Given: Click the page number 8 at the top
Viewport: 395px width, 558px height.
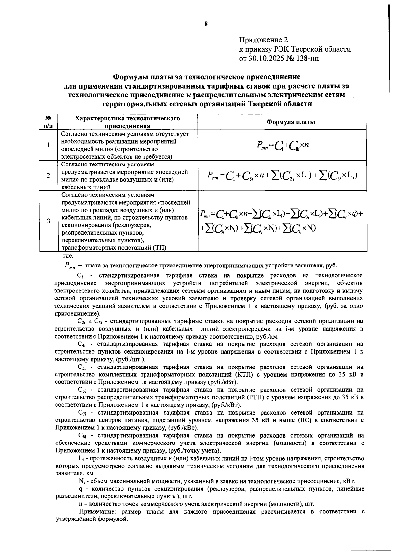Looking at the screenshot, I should [206, 24].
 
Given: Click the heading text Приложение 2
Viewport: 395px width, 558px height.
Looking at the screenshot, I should [263, 40].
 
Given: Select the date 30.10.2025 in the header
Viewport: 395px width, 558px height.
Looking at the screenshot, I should [266, 59].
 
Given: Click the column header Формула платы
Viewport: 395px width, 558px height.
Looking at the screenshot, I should [290, 122].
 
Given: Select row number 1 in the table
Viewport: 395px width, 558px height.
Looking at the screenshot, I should [48, 145].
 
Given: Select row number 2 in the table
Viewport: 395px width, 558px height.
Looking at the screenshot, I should [48, 175].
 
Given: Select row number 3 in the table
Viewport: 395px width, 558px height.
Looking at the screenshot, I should [48, 221].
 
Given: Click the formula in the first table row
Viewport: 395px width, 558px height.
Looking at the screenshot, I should [282, 145].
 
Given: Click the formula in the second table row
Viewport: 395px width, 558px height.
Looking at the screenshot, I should [282, 175].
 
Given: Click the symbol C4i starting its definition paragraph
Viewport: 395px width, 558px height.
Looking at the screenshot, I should [82, 344].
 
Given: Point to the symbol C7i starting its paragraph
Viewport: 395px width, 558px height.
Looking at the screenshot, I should [82, 413].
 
